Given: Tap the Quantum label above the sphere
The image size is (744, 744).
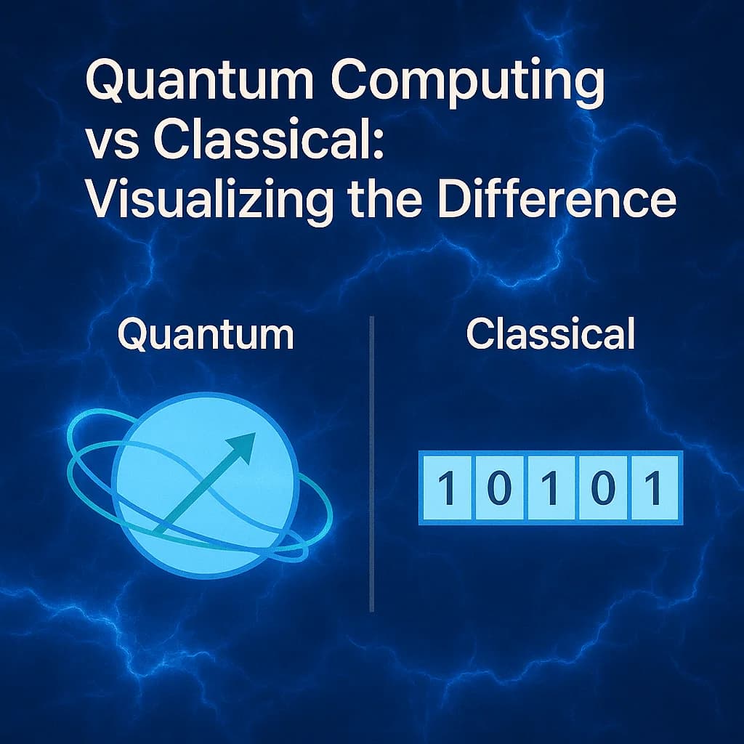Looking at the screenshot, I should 206,335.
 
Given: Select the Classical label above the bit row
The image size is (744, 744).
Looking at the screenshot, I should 551,335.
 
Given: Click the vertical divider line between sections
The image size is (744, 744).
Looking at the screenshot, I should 372,465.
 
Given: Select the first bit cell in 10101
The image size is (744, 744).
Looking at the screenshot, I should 448,488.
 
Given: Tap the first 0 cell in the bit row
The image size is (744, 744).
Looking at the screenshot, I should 498,488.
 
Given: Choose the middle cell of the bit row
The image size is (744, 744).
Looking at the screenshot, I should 551,488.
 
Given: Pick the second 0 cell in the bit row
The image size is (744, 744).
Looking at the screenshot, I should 602,488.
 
